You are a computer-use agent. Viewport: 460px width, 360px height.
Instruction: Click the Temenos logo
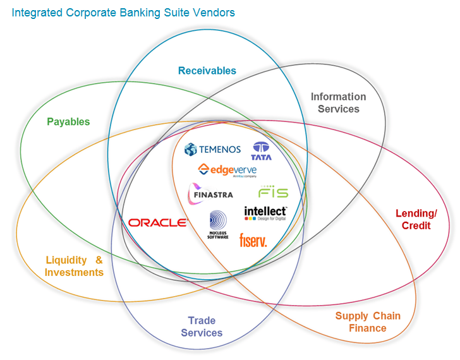click(212, 150)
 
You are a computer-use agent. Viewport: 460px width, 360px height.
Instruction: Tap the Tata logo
click(261, 151)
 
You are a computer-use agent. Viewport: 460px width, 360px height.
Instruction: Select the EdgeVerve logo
click(227, 170)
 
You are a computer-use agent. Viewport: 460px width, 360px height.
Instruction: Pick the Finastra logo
click(210, 191)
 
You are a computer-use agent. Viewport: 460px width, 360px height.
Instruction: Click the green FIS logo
click(273, 191)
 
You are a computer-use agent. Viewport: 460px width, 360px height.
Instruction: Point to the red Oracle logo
click(157, 222)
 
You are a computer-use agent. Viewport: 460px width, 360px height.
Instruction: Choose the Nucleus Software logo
click(218, 224)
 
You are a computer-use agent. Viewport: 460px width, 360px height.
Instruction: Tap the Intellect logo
click(265, 213)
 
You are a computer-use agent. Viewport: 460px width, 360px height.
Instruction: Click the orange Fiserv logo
click(253, 241)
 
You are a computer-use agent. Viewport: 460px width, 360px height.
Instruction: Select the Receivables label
click(207, 71)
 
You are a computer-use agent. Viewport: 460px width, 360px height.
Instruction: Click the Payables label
click(68, 121)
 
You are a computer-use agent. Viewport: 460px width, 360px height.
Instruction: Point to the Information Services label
click(338, 102)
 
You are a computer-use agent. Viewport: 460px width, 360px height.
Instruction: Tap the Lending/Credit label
click(415, 219)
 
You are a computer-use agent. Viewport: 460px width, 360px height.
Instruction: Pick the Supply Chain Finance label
click(368, 321)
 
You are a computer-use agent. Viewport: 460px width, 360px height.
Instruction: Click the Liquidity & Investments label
click(74, 266)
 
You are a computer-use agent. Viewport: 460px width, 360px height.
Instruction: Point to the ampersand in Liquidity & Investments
click(99, 260)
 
